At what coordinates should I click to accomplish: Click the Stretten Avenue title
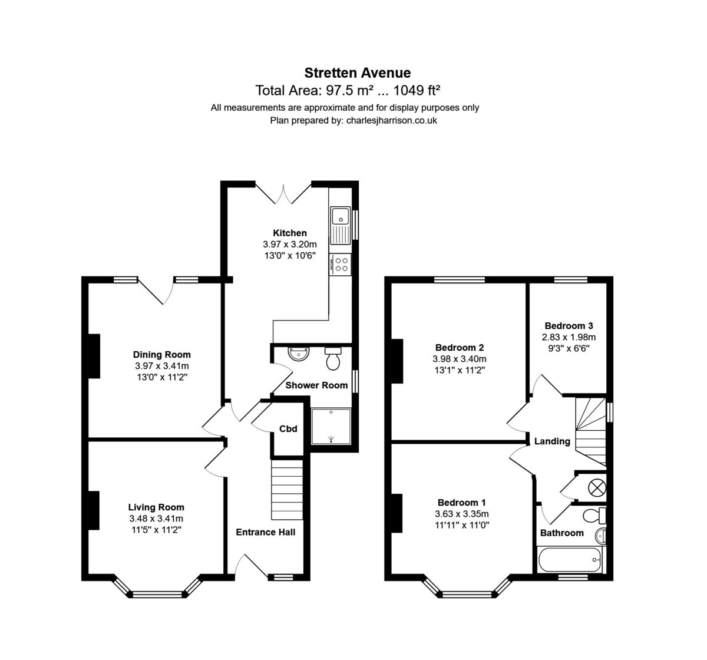click(x=358, y=73)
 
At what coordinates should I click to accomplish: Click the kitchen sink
click(x=341, y=226)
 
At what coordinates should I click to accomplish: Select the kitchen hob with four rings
click(x=341, y=264)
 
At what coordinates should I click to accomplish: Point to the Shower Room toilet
click(x=333, y=359)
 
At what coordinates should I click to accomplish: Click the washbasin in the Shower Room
click(x=299, y=354)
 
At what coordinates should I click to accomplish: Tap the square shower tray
click(x=331, y=426)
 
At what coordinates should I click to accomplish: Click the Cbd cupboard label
click(x=288, y=429)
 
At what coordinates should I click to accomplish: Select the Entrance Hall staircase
click(x=287, y=490)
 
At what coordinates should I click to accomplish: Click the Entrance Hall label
click(x=266, y=532)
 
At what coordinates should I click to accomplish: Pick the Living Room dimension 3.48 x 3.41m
click(x=156, y=519)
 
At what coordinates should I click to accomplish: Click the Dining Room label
click(x=161, y=354)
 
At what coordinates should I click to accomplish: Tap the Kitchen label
click(x=290, y=233)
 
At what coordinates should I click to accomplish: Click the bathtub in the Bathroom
click(x=570, y=560)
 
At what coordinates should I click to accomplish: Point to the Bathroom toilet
click(x=594, y=516)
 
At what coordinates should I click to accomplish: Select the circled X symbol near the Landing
click(x=597, y=487)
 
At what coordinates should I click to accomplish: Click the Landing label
click(x=552, y=441)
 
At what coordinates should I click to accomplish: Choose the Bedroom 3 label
click(x=569, y=325)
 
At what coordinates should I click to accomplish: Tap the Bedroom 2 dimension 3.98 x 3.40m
click(x=460, y=359)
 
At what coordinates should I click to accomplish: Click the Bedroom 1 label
click(x=462, y=503)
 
